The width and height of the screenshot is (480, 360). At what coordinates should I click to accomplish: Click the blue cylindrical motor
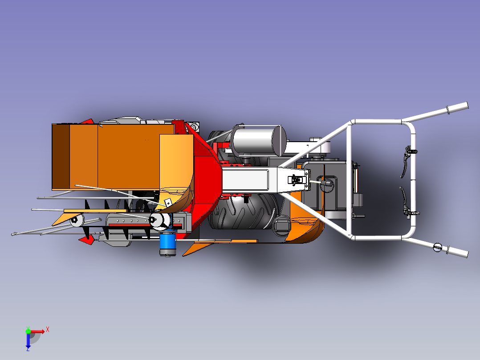[167, 244]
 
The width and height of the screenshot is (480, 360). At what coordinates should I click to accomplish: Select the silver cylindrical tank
[259, 141]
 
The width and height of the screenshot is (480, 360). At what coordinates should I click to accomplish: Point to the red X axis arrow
[37, 331]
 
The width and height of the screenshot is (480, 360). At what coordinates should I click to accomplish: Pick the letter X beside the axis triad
[48, 330]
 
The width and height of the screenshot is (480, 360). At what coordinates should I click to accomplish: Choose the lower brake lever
[407, 203]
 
